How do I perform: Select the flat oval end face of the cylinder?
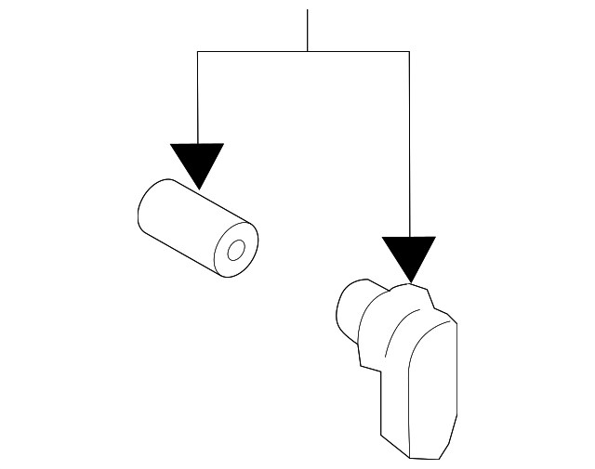pos(234,249)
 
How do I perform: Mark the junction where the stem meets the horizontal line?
pos(307,52)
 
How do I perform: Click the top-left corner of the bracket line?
pos(197,52)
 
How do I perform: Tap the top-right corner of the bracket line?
pos(409,52)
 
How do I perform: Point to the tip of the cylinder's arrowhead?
pos(197,188)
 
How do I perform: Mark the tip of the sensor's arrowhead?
pos(409,281)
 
